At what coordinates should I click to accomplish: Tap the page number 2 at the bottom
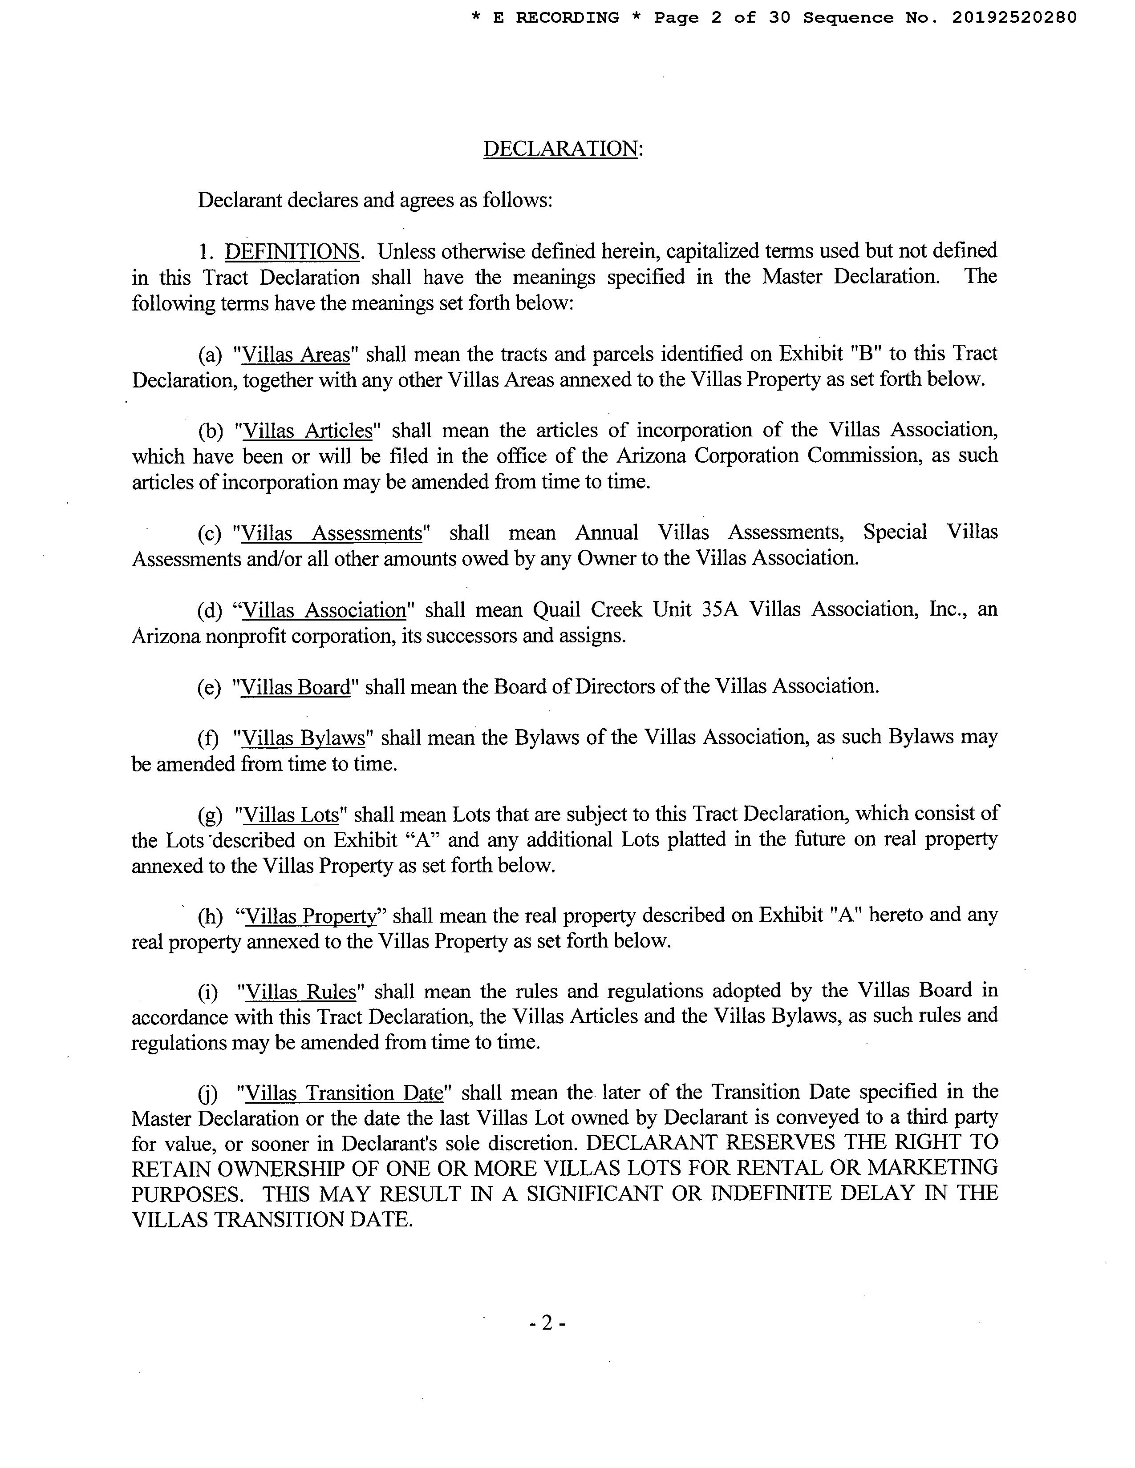click(x=547, y=1323)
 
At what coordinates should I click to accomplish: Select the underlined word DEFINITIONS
click(x=292, y=251)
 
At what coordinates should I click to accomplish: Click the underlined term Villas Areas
click(x=296, y=354)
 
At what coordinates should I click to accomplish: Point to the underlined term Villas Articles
click(x=307, y=430)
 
